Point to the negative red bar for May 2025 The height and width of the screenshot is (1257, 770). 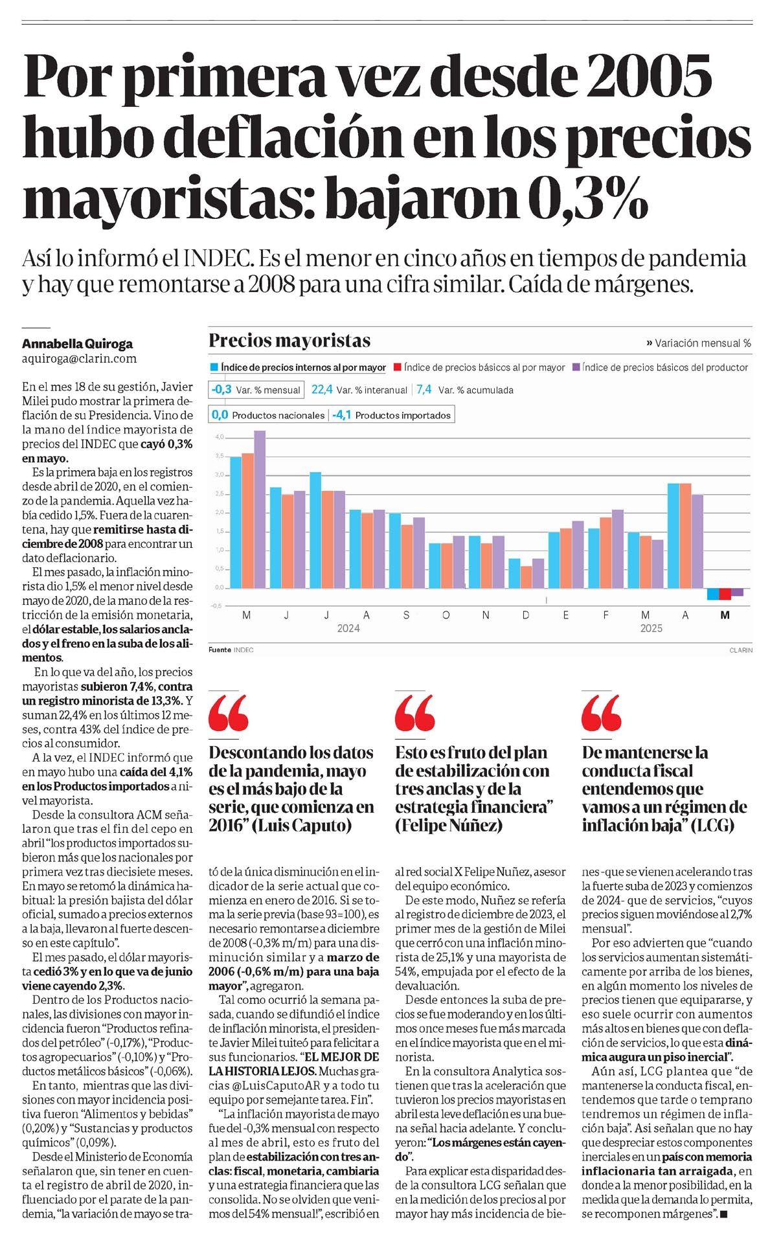[725, 594]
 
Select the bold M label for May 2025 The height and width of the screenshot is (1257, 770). [725, 615]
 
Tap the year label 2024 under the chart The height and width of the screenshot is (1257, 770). [348, 628]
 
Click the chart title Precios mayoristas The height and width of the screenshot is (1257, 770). [289, 341]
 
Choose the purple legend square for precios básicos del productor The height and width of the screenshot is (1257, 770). [576, 367]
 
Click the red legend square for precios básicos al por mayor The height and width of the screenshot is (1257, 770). [398, 367]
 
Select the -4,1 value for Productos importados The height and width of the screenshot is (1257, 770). [342, 415]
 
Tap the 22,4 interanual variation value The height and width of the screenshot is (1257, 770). [322, 389]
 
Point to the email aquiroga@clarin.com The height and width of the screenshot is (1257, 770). [80, 358]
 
